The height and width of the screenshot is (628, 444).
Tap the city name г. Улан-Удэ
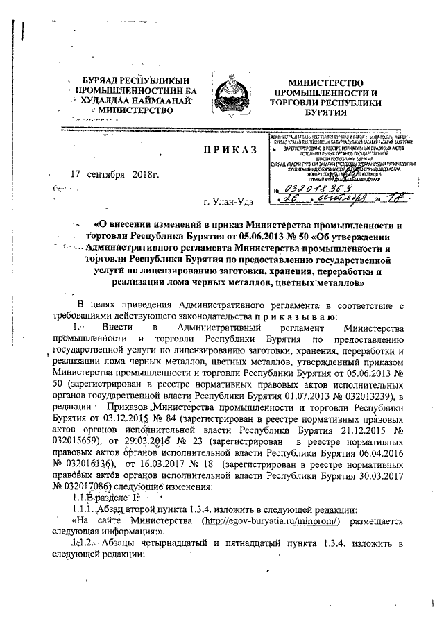229,201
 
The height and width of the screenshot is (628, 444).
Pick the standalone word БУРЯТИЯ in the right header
327,112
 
